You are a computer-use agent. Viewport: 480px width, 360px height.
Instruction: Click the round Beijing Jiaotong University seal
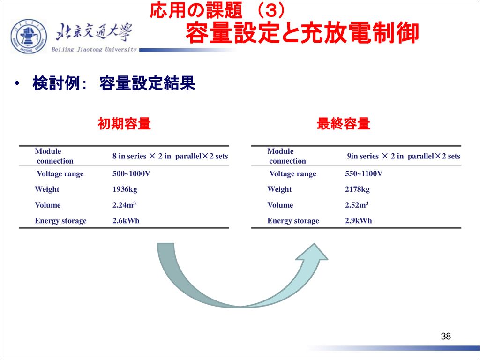pyautogui.click(x=29, y=37)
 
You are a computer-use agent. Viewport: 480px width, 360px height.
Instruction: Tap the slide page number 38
pyautogui.click(x=446, y=336)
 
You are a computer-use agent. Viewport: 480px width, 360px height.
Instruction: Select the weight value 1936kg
pyautogui.click(x=125, y=189)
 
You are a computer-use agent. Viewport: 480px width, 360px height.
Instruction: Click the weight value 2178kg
pyautogui.click(x=357, y=189)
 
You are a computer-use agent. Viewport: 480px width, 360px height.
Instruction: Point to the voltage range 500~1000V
pyautogui.click(x=131, y=173)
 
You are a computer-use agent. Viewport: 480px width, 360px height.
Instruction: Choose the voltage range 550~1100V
pyautogui.click(x=364, y=173)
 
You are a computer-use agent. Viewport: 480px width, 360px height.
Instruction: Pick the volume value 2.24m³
pyautogui.click(x=124, y=205)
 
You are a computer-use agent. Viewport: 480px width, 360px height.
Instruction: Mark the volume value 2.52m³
pyautogui.click(x=357, y=205)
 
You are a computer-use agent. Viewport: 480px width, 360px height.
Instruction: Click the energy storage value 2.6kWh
pyautogui.click(x=126, y=220)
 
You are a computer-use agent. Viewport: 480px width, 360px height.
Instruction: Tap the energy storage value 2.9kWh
pyautogui.click(x=359, y=220)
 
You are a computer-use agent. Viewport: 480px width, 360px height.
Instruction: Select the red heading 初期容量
pyautogui.click(x=124, y=124)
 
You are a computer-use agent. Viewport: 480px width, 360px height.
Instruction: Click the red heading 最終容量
pyautogui.click(x=344, y=124)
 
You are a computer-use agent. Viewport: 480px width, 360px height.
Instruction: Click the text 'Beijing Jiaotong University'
pyautogui.click(x=94, y=50)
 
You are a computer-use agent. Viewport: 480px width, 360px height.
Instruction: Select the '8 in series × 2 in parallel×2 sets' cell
pyautogui.click(x=170, y=156)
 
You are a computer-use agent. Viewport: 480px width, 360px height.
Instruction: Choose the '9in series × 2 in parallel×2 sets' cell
pyautogui.click(x=404, y=156)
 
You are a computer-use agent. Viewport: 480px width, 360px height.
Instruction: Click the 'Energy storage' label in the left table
pyautogui.click(x=60, y=221)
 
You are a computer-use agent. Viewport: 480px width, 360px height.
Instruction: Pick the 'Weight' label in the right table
pyautogui.click(x=279, y=189)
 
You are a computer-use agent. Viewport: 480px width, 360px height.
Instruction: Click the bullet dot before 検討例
pyautogui.click(x=17, y=83)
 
